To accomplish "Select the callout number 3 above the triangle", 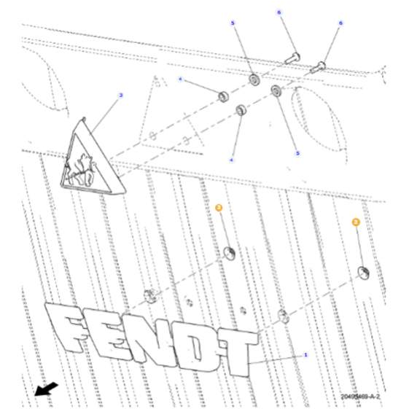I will pos(120,96).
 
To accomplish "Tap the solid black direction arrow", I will pos(45,392).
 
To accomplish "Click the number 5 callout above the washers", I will pos(233,24).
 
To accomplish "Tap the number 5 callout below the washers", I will pos(297,153).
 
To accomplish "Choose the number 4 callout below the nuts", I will pos(232,159).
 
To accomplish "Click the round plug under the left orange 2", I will pos(230,252).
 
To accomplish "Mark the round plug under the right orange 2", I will pos(362,273).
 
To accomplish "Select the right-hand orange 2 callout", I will pos(356,221).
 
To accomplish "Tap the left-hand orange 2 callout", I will pos(217,208).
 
